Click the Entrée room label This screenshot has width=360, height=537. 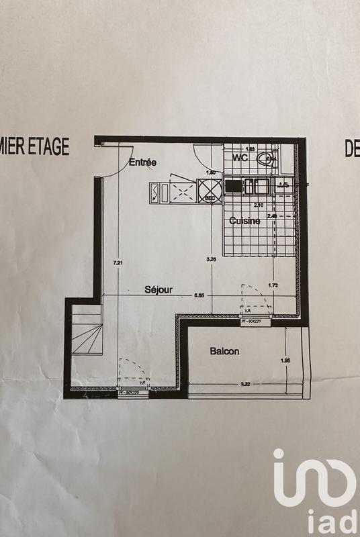pos(142,162)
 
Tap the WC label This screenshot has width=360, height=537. pos(241,158)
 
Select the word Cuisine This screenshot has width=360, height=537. pos(244,220)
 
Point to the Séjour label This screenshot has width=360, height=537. pos(159,290)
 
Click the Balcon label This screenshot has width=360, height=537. pos(224,351)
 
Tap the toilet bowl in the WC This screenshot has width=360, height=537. pos(268,160)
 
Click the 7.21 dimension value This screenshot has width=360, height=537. pos(118,262)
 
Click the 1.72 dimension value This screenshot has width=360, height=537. pos(274,286)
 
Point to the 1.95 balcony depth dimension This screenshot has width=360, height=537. pos(285,362)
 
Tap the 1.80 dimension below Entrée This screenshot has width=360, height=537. pos(210,173)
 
